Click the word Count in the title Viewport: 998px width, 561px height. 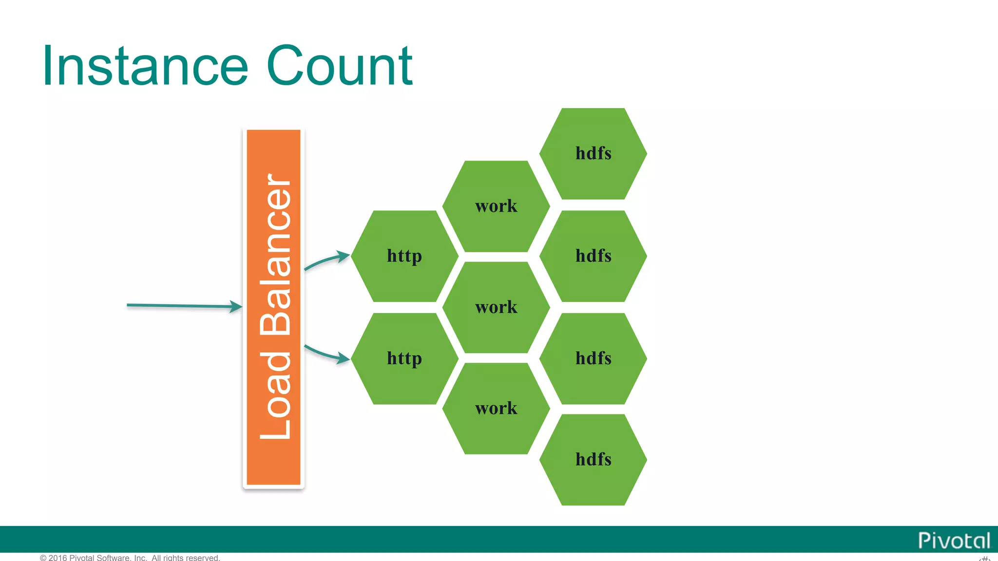(340, 66)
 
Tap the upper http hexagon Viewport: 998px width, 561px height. (404, 256)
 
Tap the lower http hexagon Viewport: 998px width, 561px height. (404, 358)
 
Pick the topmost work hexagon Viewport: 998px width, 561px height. (496, 206)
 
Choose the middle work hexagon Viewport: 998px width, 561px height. (496, 307)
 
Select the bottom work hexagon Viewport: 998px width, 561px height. (496, 409)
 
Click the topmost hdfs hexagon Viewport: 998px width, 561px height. (593, 154)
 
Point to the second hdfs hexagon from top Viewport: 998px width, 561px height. (593, 256)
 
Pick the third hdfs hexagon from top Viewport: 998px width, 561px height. (593, 358)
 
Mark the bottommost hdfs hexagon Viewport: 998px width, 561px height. (593, 460)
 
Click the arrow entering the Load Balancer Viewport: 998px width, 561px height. (180, 306)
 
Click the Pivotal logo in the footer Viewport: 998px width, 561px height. (954, 541)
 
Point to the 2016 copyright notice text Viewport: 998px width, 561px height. (130, 558)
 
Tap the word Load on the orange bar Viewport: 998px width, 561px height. (275, 395)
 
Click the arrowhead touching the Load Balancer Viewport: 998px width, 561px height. (237, 306)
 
